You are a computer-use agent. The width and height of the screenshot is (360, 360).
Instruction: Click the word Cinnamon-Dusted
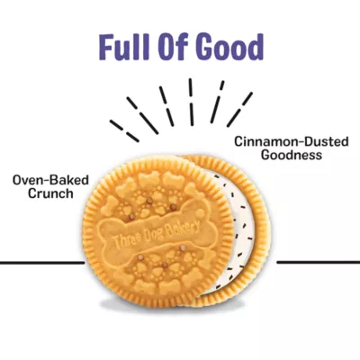(x=292, y=141)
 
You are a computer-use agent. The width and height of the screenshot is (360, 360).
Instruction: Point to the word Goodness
(x=292, y=155)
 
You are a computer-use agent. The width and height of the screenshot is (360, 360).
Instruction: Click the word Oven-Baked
(x=50, y=180)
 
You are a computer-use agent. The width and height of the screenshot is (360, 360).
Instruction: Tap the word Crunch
(x=50, y=193)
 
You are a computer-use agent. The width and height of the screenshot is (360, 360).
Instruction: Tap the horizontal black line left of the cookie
(x=42, y=263)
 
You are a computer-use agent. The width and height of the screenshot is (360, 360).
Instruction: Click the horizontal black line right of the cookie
(x=319, y=262)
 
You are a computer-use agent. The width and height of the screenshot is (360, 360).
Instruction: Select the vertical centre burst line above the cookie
(x=191, y=102)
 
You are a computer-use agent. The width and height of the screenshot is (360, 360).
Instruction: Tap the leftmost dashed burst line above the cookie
(x=124, y=130)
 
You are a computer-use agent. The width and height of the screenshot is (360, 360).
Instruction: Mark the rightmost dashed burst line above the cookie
(x=239, y=109)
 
